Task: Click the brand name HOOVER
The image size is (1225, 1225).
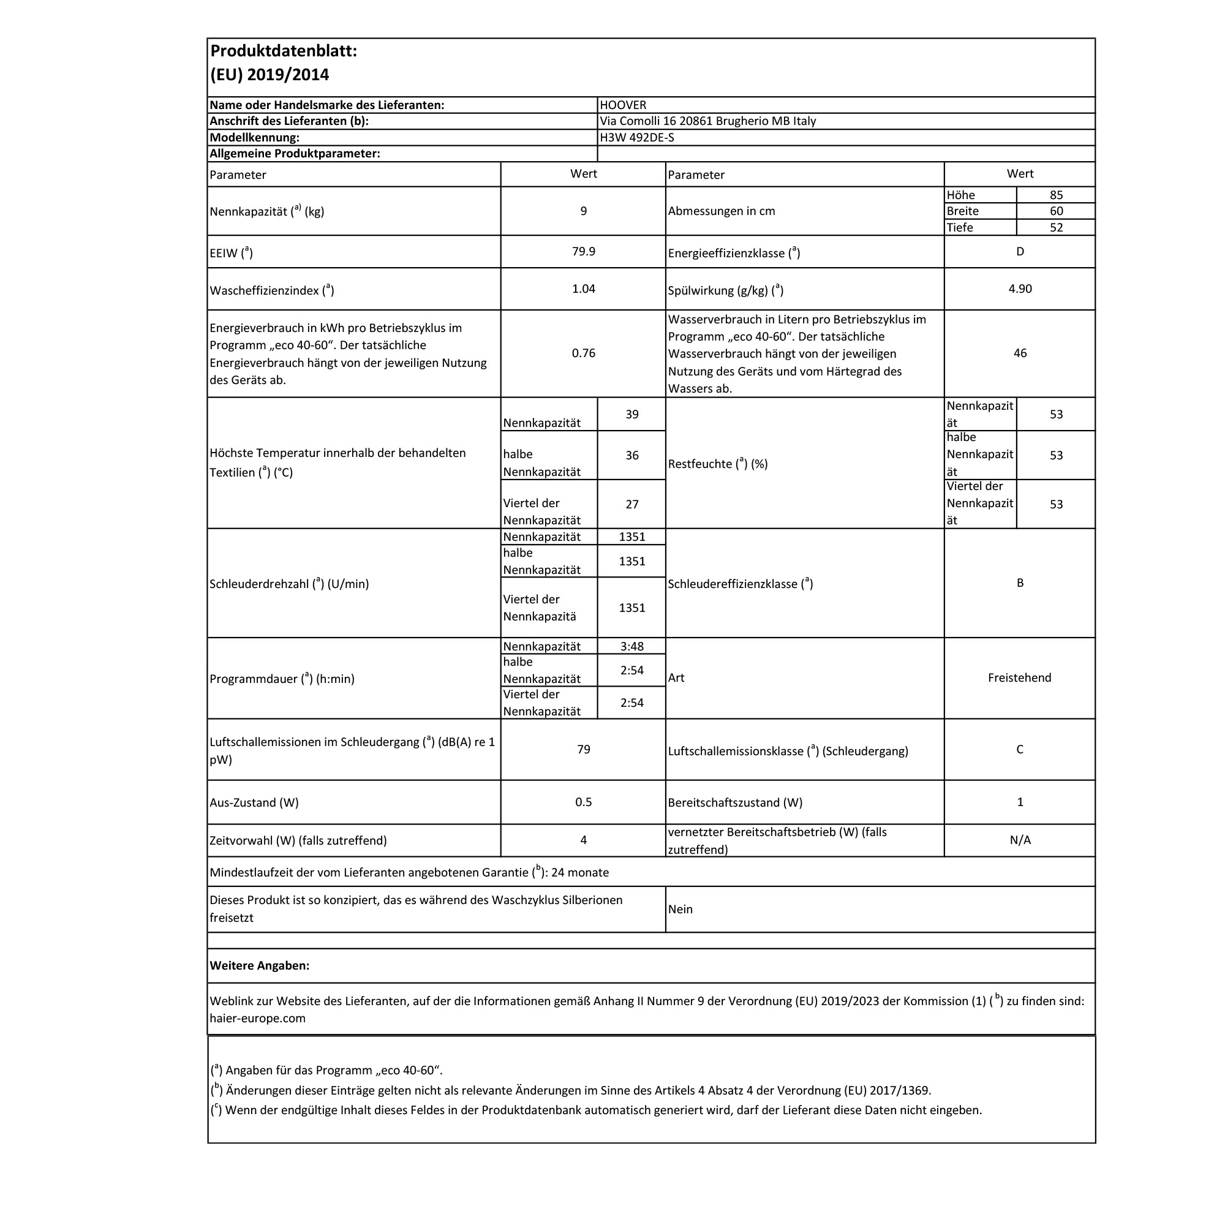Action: click(623, 105)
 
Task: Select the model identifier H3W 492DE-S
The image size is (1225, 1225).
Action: click(636, 138)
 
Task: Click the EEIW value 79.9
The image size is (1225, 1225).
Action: click(583, 252)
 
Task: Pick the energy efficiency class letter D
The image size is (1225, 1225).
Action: click(1020, 252)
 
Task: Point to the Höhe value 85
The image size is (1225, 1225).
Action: click(1056, 195)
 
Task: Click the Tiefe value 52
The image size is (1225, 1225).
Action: click(1056, 228)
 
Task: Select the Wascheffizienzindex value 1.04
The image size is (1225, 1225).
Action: click(583, 289)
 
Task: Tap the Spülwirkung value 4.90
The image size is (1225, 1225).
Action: click(1020, 289)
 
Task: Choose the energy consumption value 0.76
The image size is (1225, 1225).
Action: click(583, 353)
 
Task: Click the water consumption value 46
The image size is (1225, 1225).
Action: click(1020, 353)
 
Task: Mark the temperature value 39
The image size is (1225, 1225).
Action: click(631, 415)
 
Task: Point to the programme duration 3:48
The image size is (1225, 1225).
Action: click(631, 647)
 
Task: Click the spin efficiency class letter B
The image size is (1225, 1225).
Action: click(1020, 582)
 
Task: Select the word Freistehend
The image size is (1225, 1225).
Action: click(1019, 678)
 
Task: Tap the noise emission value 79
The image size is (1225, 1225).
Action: click(583, 750)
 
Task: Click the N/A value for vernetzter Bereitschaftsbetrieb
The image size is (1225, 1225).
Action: click(1020, 840)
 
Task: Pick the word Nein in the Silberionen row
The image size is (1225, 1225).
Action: click(680, 909)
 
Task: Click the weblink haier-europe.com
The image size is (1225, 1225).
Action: click(257, 1019)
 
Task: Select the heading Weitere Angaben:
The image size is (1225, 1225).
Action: click(259, 966)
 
